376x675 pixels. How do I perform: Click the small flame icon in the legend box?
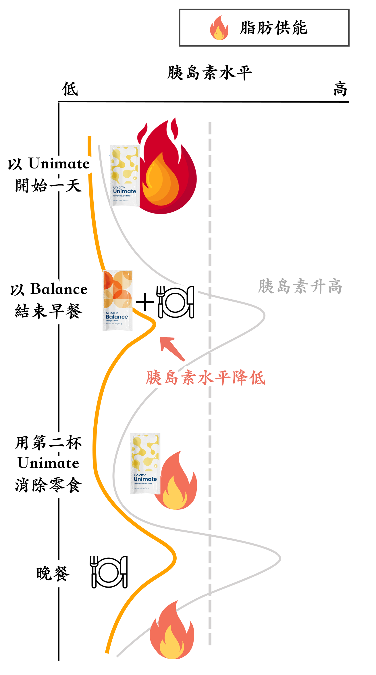click(219, 28)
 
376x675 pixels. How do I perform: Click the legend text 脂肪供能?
click(274, 28)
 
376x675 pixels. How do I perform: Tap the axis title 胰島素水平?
click(210, 72)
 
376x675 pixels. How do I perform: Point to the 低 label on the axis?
click(70, 89)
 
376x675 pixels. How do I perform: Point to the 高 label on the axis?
click(340, 89)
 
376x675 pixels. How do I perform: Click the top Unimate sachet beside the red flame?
click(125, 176)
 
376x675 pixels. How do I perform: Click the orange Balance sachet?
click(117, 300)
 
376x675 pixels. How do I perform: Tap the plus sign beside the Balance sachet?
click(145, 302)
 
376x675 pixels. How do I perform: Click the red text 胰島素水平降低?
click(206, 378)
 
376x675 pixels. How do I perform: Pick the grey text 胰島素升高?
click(300, 286)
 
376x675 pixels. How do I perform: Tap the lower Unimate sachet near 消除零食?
click(145, 463)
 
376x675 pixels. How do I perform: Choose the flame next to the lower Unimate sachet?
click(177, 483)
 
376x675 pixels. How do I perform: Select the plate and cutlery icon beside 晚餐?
click(109, 572)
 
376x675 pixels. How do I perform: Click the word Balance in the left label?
click(59, 289)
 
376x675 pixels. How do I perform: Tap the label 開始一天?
click(49, 185)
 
